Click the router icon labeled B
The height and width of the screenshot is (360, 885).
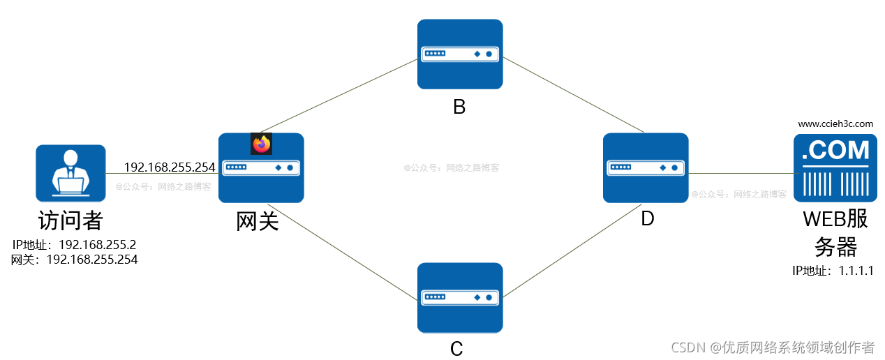coord(460,54)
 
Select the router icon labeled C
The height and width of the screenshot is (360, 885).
coord(460,297)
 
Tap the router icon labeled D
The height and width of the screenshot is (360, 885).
coord(646,168)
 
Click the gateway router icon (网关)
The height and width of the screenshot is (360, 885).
coord(261,168)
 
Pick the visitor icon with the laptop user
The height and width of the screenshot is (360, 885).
coord(70,174)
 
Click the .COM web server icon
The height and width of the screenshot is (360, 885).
coord(835,168)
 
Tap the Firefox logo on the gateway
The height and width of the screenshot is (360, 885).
coord(261,144)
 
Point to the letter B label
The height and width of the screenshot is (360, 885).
coord(459,107)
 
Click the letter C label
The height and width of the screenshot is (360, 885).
coord(456,348)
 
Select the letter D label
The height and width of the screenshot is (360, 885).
coord(648,218)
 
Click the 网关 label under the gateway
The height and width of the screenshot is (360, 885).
coord(258,221)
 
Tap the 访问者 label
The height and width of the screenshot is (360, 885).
coord(70,221)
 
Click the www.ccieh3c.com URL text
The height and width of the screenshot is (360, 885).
coord(835,123)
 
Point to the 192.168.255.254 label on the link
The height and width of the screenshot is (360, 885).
coord(170,167)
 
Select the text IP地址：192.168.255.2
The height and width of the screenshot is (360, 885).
coord(74,245)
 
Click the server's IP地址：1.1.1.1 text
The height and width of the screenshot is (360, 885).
coord(833,271)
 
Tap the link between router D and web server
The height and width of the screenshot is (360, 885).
coord(741,174)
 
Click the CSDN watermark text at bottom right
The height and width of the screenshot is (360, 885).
coord(773,347)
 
